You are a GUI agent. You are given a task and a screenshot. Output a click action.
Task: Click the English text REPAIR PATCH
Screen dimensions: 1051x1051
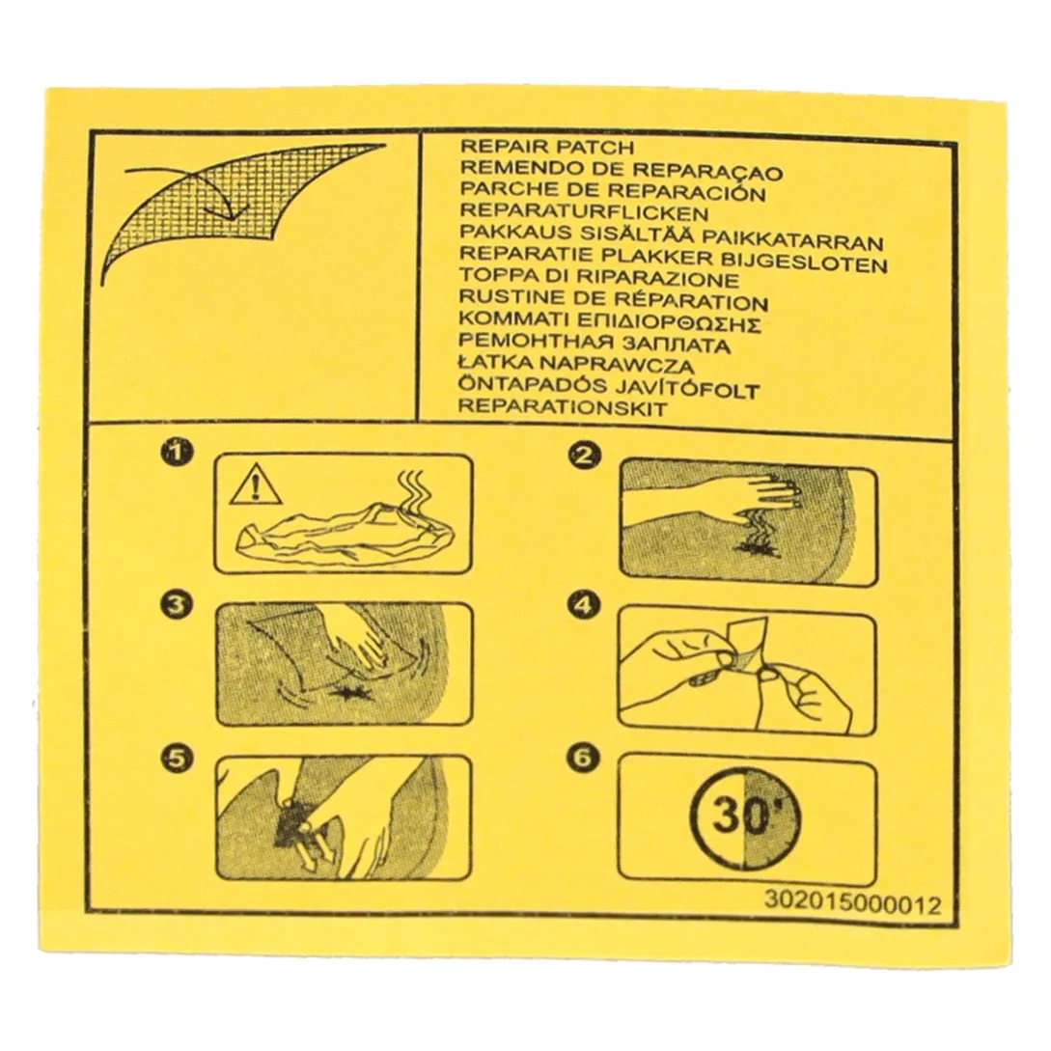click(x=547, y=148)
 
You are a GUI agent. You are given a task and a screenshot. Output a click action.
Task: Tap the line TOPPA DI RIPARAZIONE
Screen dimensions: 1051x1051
click(x=599, y=277)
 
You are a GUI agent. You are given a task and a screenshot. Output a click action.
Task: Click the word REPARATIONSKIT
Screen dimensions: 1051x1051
click(x=563, y=407)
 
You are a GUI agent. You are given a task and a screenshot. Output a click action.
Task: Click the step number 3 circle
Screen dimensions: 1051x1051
click(x=177, y=605)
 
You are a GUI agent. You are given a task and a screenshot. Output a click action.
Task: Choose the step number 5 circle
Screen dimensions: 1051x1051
click(x=177, y=757)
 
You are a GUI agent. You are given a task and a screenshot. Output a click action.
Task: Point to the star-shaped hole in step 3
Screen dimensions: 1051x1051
click(x=352, y=689)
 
